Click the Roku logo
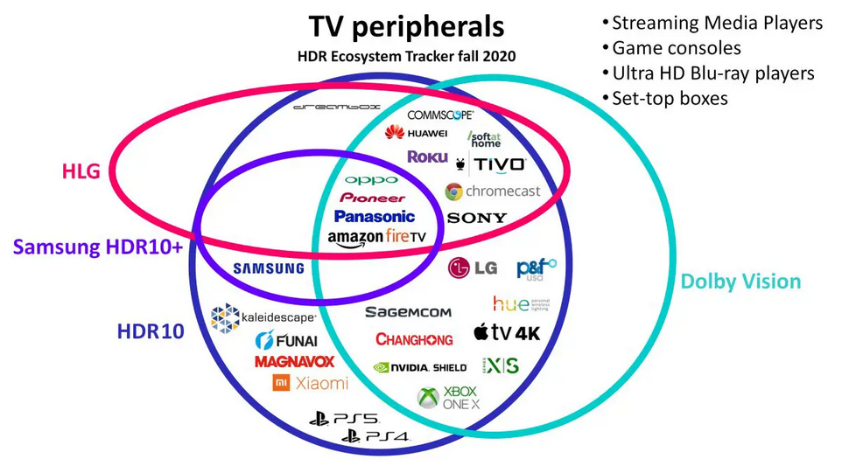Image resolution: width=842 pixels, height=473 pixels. [427, 157]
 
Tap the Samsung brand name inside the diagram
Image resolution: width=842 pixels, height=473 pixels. [269, 268]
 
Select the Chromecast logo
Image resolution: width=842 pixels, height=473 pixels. [492, 191]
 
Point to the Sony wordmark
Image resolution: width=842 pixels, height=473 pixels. [476, 218]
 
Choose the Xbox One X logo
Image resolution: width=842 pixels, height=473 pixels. [447, 398]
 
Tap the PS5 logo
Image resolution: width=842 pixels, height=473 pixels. [343, 419]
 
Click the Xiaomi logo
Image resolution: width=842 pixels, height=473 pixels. [310, 383]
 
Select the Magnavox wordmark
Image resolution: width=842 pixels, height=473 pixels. [295, 361]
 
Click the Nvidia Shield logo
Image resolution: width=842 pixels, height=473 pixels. [419, 367]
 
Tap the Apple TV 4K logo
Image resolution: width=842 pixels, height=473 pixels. [507, 332]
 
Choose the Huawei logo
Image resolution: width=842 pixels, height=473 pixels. [416, 133]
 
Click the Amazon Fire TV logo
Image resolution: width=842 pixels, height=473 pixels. [376, 237]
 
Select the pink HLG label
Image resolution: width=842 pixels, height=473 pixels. [80, 171]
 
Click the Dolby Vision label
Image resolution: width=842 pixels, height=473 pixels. [740, 282]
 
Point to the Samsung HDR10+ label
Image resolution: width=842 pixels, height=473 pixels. [98, 247]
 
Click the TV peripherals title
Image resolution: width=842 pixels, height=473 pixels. [405, 26]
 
